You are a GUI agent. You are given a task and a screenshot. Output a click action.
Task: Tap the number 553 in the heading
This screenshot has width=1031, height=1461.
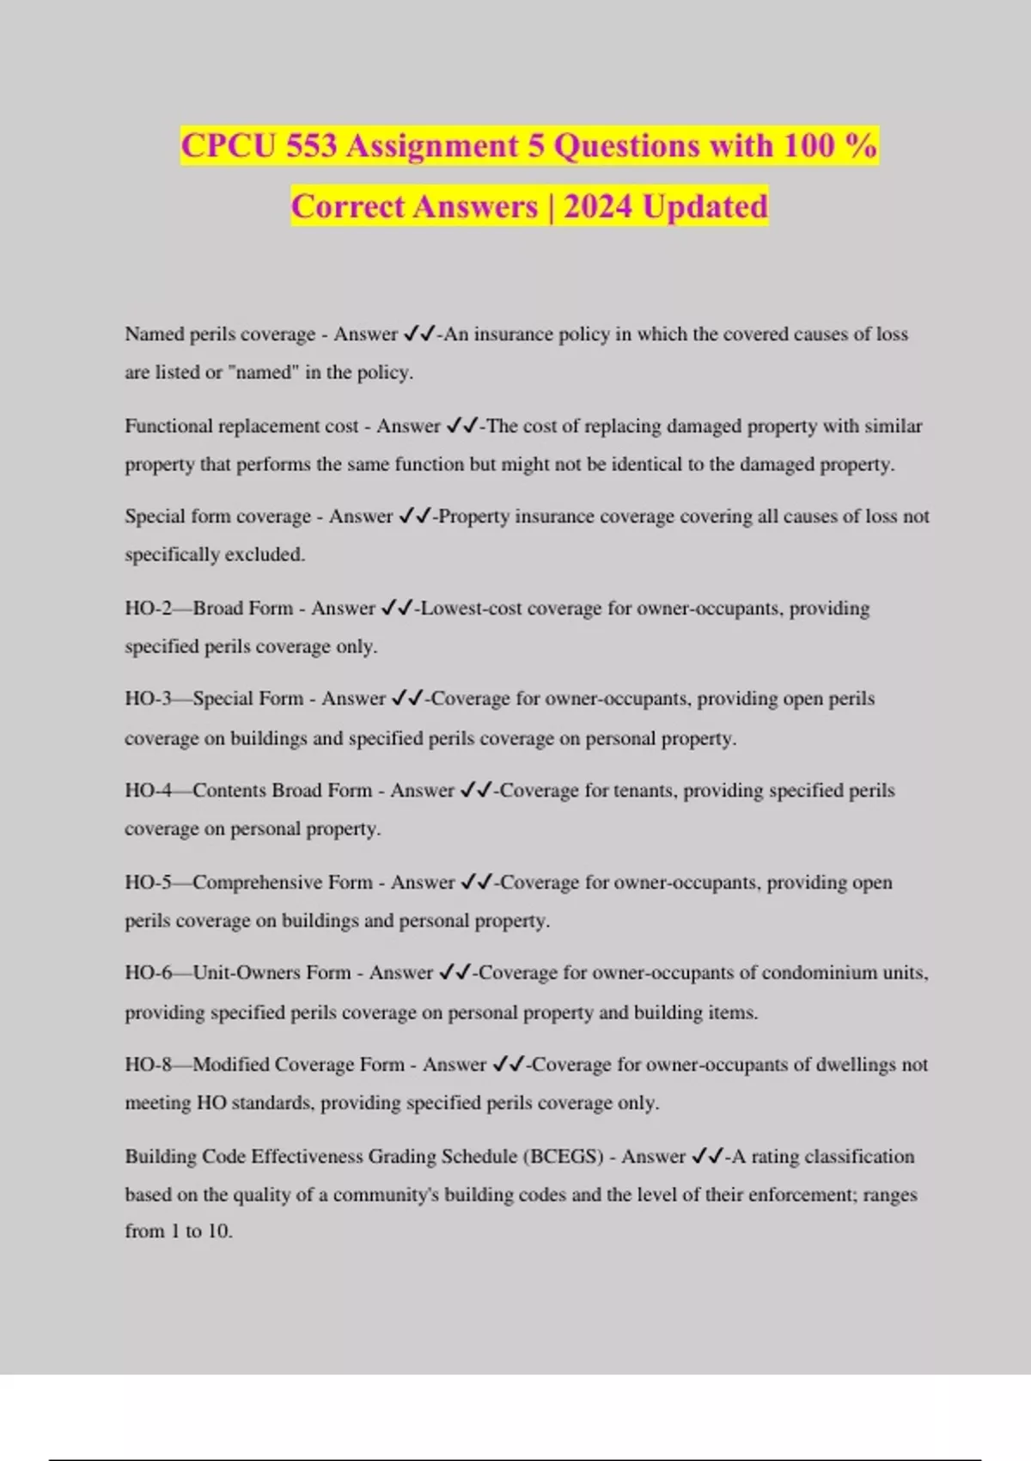point(312,146)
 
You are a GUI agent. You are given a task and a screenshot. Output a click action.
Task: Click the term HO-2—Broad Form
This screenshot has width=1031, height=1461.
point(209,608)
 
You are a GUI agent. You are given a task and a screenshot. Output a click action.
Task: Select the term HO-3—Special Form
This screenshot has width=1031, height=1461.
point(214,699)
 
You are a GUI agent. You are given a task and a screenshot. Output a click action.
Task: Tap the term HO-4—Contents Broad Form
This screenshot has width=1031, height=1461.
point(248,791)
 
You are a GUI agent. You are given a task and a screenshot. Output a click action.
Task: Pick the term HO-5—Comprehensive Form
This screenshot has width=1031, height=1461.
point(248,883)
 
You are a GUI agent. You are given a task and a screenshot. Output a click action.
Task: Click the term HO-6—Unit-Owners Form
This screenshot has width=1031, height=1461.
point(238,973)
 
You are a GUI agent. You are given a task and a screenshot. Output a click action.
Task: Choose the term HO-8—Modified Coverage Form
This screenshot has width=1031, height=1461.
point(265,1065)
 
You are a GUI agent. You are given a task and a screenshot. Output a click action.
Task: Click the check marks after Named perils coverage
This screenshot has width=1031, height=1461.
point(420,334)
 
